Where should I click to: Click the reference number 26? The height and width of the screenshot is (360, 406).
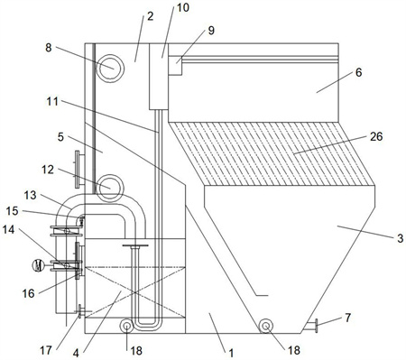(376, 136)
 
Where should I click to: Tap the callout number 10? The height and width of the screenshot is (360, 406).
(182, 7)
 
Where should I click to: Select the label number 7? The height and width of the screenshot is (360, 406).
(347, 318)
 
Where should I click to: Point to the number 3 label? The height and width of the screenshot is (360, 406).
(400, 238)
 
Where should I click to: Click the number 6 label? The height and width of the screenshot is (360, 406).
(358, 72)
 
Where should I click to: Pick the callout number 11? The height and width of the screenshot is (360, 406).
(52, 101)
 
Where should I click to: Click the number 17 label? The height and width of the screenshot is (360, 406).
(46, 350)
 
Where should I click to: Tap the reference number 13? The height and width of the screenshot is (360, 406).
(30, 195)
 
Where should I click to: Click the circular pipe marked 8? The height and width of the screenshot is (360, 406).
(111, 69)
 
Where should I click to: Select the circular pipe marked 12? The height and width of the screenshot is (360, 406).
(111, 188)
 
